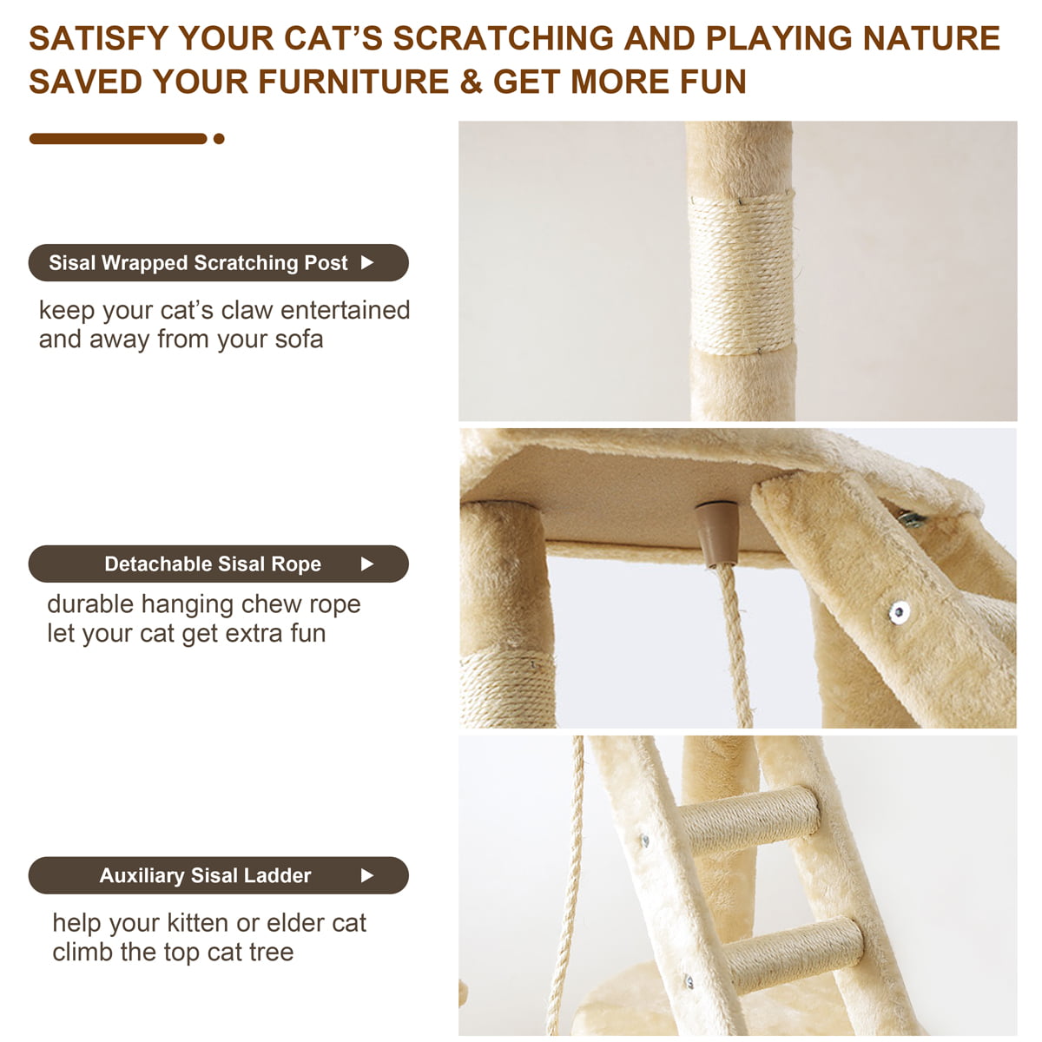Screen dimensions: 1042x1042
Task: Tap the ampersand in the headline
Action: (470, 82)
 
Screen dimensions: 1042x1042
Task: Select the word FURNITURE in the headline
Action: (353, 82)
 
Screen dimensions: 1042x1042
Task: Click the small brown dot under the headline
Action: (219, 139)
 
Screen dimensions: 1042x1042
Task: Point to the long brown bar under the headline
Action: (118, 139)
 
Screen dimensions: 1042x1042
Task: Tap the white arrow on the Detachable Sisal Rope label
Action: (367, 564)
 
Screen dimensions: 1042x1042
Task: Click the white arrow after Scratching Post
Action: (367, 263)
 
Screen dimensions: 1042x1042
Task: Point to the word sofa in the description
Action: (299, 340)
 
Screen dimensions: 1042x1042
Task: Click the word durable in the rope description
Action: (90, 604)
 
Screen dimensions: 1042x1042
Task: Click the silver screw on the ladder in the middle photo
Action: (900, 611)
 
